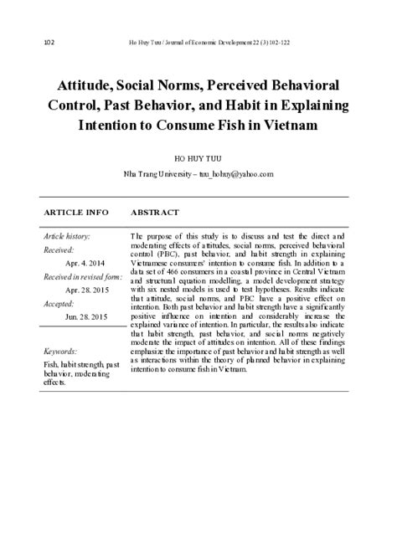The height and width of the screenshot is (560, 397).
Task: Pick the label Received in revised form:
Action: (x=83, y=276)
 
